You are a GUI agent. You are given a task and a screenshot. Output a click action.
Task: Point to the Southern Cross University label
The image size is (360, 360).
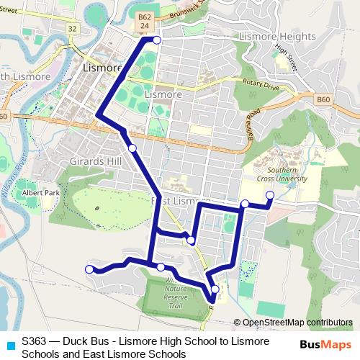pos(287,174)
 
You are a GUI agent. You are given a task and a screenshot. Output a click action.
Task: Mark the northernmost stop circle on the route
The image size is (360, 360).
pos(156,40)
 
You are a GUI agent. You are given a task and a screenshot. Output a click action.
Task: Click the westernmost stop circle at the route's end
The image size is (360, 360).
pos(90,269)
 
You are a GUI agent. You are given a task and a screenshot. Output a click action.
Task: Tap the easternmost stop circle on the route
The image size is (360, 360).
pos(270,195)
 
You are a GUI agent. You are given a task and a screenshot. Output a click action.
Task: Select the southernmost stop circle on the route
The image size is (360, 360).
pos(215,289)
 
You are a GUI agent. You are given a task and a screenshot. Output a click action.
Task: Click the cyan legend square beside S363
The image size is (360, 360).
pos(9,346)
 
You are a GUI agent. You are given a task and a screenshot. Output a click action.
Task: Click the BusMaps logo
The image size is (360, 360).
pos(325,344)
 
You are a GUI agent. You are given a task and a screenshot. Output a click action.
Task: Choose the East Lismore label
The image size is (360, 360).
pos(180,199)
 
